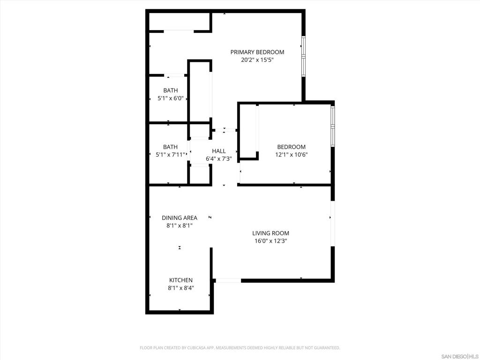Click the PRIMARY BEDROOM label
[x=257, y=52]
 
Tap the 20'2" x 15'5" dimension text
[x=257, y=60]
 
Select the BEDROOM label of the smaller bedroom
[x=291, y=147]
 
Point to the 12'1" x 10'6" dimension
[x=291, y=155]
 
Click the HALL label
[x=218, y=151]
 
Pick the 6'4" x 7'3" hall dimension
[x=218, y=159]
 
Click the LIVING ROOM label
[x=270, y=233]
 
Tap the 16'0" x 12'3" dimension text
[x=270, y=241]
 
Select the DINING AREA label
[x=180, y=217]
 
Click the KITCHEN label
[x=181, y=280]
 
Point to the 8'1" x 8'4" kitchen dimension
[x=181, y=288]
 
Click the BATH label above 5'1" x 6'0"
[x=171, y=90]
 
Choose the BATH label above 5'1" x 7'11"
[x=171, y=147]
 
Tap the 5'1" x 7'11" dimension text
[x=171, y=155]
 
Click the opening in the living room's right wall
[x=332, y=224]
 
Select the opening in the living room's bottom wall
[x=228, y=280]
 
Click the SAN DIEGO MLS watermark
[x=459, y=356]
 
